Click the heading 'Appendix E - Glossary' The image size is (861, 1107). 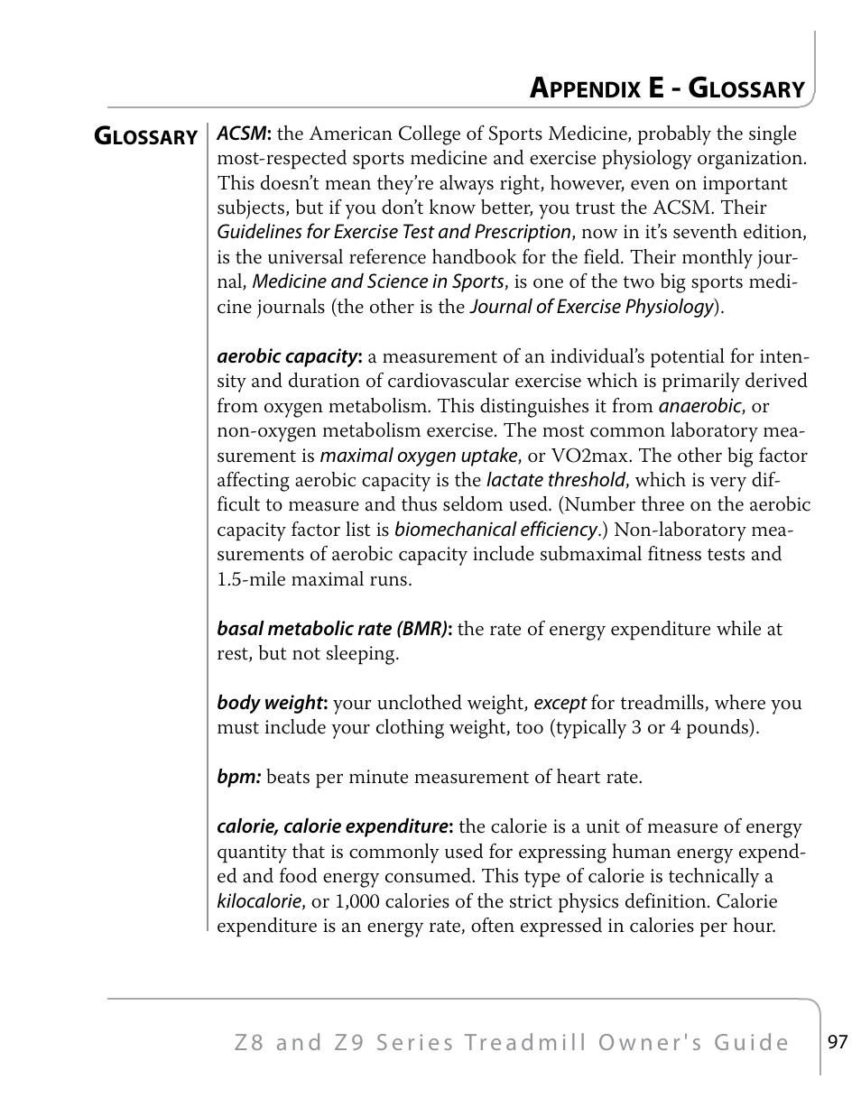pyautogui.click(x=666, y=88)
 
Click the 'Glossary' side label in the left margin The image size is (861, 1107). pyautogui.click(x=146, y=137)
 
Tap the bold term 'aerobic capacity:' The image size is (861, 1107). pyautogui.click(x=289, y=356)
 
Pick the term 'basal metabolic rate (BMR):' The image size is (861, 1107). pyautogui.click(x=334, y=629)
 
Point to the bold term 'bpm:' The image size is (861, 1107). pyautogui.click(x=238, y=777)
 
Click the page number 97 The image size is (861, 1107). pyautogui.click(x=838, y=1042)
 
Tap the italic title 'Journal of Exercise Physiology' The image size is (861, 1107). pyautogui.click(x=591, y=307)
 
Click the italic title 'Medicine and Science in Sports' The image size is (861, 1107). pyautogui.click(x=377, y=281)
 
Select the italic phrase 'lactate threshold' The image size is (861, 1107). pyautogui.click(x=555, y=480)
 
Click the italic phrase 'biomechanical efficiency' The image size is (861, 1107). pyautogui.click(x=495, y=530)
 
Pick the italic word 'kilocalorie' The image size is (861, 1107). pyautogui.click(x=259, y=901)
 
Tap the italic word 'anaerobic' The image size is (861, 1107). pyautogui.click(x=699, y=406)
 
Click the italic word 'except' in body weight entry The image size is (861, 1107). pyautogui.click(x=560, y=703)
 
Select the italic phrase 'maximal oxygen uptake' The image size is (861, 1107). pyautogui.click(x=419, y=456)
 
